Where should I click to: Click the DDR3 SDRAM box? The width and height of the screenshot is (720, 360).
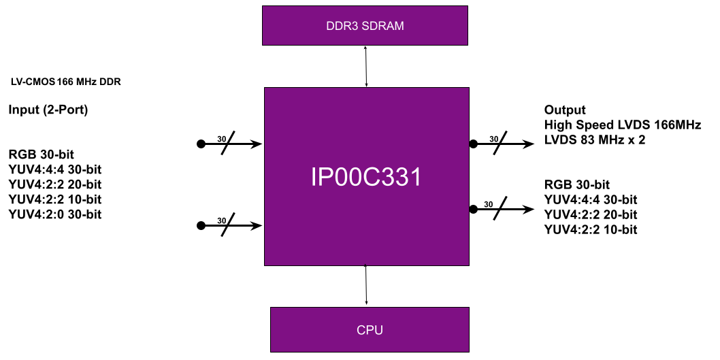(x=365, y=27)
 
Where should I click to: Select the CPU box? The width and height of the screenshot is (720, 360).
(x=370, y=330)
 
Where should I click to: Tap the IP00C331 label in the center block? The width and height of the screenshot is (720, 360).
(x=366, y=178)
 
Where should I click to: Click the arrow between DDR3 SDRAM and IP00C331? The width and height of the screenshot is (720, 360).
(x=366, y=67)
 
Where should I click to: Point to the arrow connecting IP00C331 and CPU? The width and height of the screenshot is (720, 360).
(x=367, y=285)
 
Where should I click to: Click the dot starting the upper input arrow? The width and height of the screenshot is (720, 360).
(x=201, y=144)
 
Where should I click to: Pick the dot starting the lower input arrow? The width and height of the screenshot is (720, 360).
(x=201, y=226)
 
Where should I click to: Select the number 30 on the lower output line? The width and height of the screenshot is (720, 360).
(x=488, y=204)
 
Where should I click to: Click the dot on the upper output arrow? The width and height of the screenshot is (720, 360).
(x=473, y=144)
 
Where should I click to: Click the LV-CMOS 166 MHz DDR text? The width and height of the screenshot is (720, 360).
(x=65, y=82)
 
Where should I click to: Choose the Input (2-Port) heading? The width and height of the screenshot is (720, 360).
(x=48, y=110)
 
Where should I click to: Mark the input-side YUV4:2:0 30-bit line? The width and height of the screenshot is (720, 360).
(x=55, y=214)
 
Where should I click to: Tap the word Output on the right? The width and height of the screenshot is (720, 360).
(x=565, y=110)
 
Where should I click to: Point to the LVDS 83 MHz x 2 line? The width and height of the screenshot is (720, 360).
(x=595, y=140)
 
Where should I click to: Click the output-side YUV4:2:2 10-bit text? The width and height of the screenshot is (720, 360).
(x=591, y=229)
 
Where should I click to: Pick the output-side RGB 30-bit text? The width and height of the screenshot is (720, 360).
(x=576, y=184)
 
